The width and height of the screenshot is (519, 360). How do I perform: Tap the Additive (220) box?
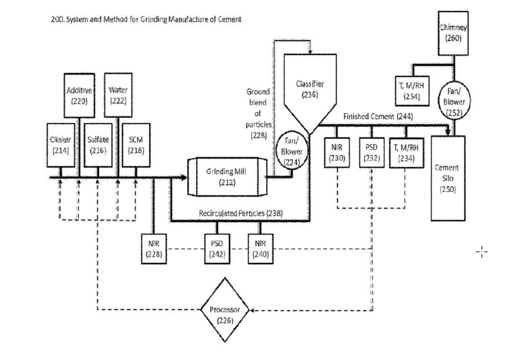click(78, 96)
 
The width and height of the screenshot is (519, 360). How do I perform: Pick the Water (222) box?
click(118, 95)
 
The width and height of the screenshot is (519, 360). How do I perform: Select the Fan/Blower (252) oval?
click(450, 102)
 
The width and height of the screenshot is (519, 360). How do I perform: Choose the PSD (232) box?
click(371, 152)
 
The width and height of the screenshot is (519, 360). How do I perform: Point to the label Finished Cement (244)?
click(378, 116)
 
